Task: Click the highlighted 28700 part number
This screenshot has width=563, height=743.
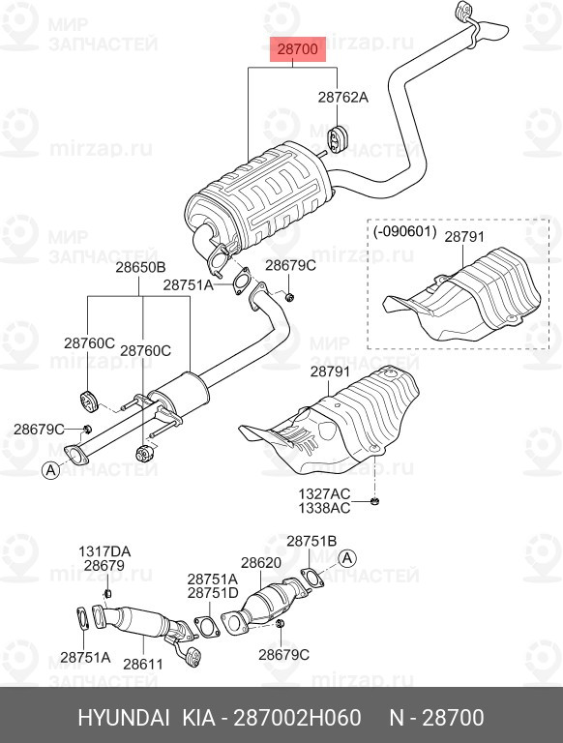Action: click(298, 47)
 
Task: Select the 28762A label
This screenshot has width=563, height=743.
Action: click(343, 98)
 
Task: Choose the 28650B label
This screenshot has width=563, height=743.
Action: click(141, 266)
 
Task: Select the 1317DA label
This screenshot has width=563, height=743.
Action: click(104, 551)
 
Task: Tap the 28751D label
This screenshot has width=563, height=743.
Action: click(212, 592)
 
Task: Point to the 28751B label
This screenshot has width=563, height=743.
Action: click(311, 541)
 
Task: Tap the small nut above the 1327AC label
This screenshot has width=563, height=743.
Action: click(375, 500)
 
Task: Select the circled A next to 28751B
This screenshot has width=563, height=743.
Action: click(347, 558)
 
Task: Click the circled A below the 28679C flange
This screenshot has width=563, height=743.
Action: click(48, 471)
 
